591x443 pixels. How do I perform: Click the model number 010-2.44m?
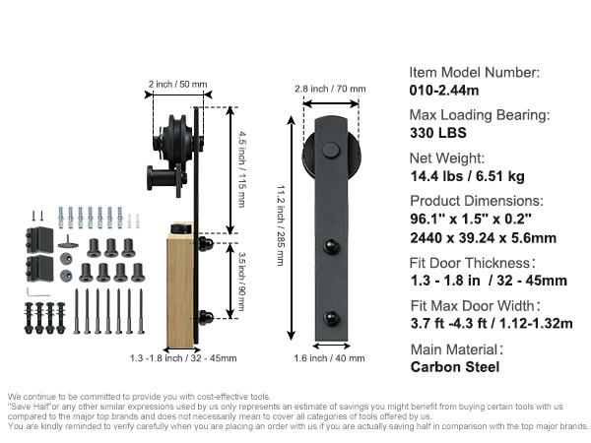click(x=444, y=91)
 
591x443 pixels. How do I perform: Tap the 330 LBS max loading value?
click(x=438, y=133)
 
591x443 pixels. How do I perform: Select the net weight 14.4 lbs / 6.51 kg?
click(x=467, y=176)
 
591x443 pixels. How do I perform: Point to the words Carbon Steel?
click(x=455, y=367)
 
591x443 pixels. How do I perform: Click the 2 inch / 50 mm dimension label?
click(x=177, y=84)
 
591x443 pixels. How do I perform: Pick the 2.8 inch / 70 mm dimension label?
click(x=330, y=89)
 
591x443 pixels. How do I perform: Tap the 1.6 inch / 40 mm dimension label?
click(x=329, y=358)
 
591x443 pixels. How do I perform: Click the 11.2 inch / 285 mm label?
click(x=281, y=225)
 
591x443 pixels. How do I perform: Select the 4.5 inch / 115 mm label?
click(x=242, y=169)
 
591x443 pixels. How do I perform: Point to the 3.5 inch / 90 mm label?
click(x=241, y=282)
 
